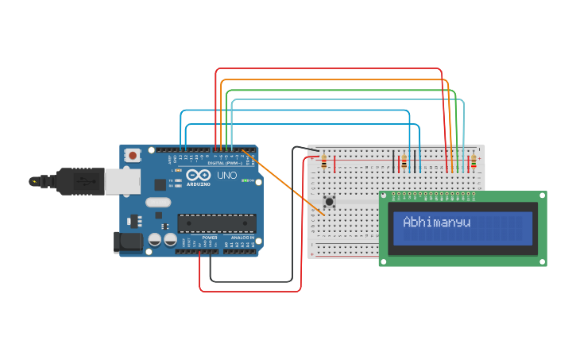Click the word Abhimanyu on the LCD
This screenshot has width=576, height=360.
coord(436,223)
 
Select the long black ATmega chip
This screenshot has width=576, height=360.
coord(216,225)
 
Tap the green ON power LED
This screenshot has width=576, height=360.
coord(246,181)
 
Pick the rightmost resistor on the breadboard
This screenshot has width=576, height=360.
coord(474,162)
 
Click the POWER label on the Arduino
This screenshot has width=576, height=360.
coord(210,238)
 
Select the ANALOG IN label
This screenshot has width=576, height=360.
coord(242,238)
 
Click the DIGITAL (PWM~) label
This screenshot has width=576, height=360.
coord(224,163)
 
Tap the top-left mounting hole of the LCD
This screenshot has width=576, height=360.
coord(384,195)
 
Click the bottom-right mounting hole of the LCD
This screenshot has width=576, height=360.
coord(542,261)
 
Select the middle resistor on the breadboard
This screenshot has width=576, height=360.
coord(404,162)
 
